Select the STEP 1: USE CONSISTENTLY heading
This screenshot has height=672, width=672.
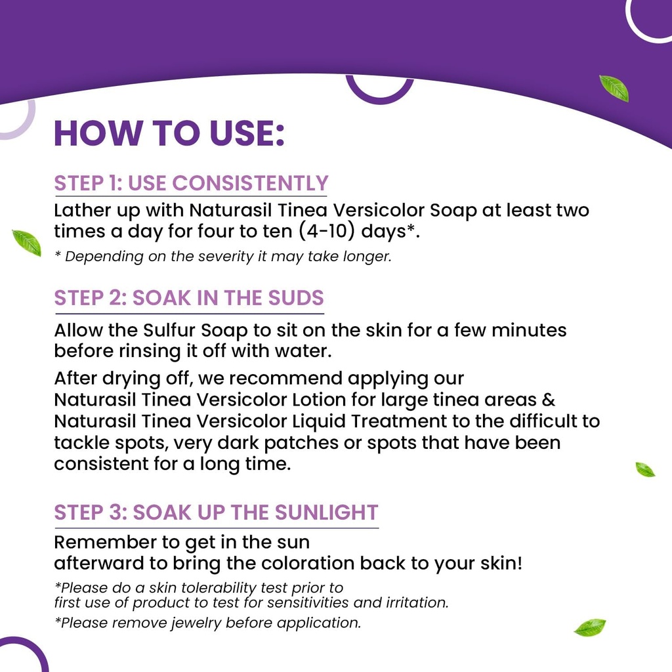point(190,184)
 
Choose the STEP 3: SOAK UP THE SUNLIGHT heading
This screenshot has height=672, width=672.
point(216,513)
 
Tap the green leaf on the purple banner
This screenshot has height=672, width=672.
point(614,88)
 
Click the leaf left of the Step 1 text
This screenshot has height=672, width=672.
point(27,242)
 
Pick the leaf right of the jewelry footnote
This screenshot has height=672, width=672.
point(589,627)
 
